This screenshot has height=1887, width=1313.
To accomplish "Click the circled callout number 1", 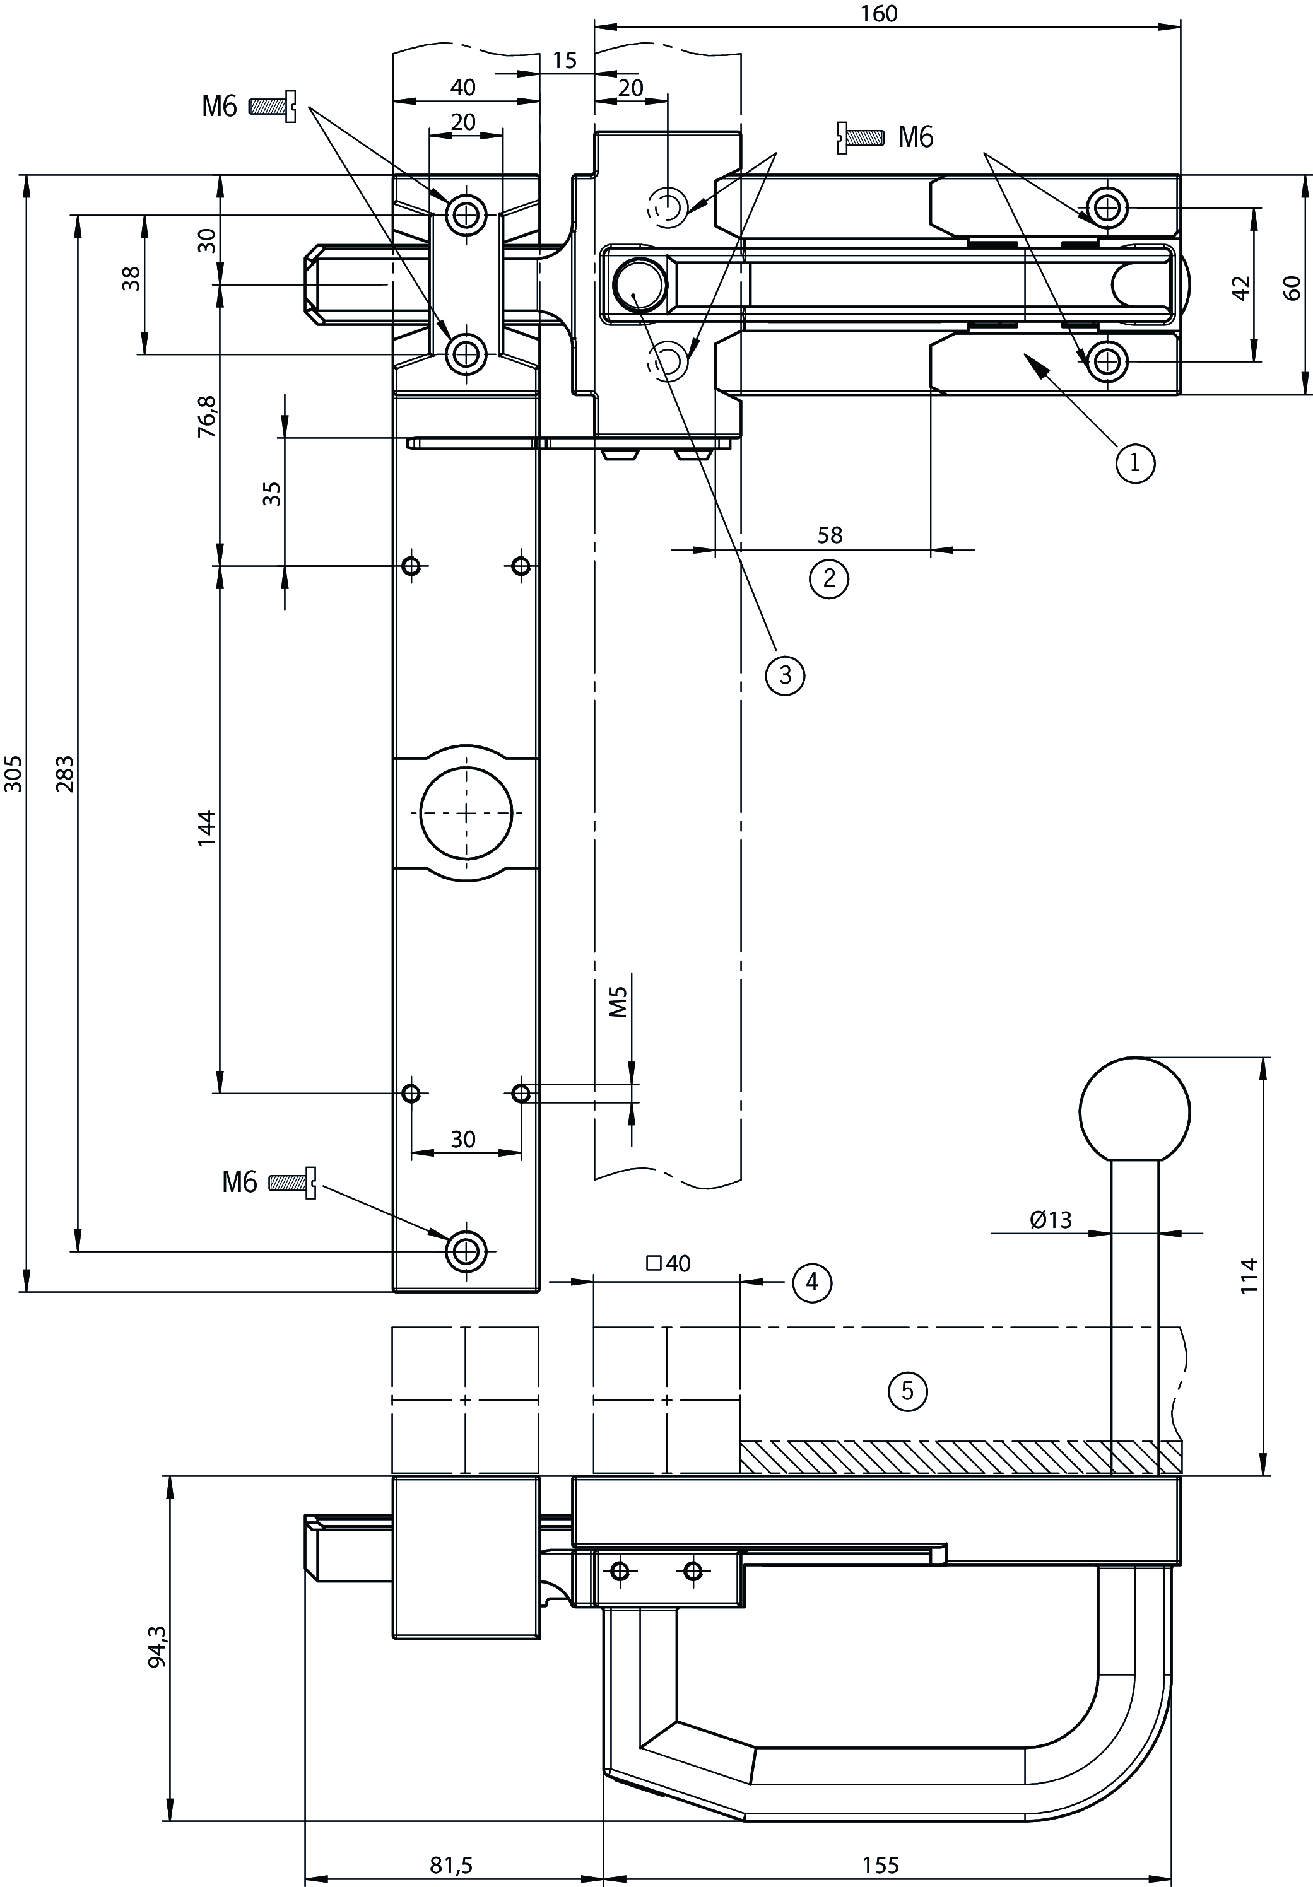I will (1134, 463).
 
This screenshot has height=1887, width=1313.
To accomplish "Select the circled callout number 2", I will (828, 578).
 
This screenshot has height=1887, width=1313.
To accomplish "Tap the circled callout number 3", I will (784, 675).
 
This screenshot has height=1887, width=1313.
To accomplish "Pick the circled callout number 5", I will (908, 1391).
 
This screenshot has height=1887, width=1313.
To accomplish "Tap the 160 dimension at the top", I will (880, 14).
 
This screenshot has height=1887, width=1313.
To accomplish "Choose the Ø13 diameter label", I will (1050, 1220).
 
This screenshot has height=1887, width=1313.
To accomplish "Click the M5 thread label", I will (618, 1002).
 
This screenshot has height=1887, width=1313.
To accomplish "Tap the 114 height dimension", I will (1249, 1275).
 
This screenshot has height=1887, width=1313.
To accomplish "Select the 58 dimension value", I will (830, 535).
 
